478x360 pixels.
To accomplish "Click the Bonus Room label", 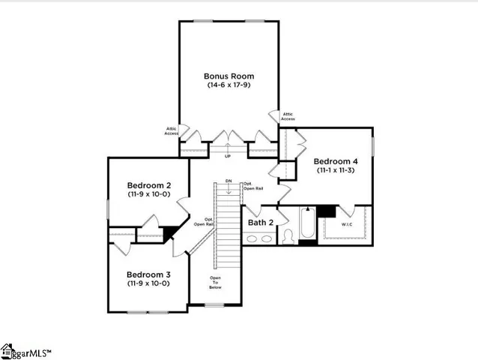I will point(229,76).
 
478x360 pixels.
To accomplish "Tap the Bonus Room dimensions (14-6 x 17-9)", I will point(229,85).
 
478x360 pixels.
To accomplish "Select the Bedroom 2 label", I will point(149,185).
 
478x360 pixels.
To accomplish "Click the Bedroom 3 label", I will point(148,274).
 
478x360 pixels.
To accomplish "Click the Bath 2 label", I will point(260,223).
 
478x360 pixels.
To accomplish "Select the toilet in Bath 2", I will point(287,236).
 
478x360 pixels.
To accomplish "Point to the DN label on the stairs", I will point(229,181).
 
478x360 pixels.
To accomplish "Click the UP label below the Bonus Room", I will point(228,155).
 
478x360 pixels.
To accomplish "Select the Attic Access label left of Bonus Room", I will point(172,131).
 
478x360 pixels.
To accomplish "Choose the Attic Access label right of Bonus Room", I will point(288,116).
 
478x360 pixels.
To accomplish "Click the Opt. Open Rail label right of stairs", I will point(252,186).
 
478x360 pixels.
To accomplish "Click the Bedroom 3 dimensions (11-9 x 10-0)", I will point(148,283).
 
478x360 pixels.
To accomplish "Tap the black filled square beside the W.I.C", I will point(325,211).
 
